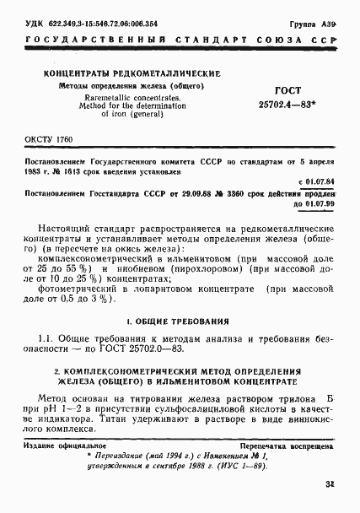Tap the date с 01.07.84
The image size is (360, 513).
[x=318, y=181]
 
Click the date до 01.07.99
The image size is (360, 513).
[x=315, y=204]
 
